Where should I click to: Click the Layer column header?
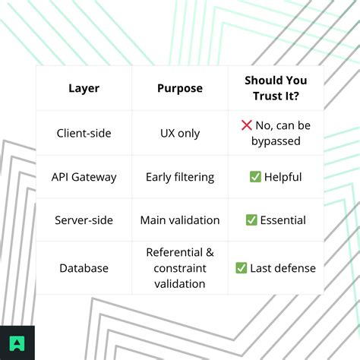click(x=84, y=89)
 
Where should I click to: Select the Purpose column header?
click(x=180, y=89)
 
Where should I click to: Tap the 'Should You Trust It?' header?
click(x=276, y=88)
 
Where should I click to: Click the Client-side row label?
click(x=84, y=133)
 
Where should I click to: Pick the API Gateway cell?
click(x=84, y=177)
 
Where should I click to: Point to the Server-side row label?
click(x=84, y=220)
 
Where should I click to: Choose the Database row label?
click(x=84, y=268)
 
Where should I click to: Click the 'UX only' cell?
click(x=180, y=134)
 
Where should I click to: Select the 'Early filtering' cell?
click(x=180, y=177)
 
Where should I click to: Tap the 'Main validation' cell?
click(x=180, y=220)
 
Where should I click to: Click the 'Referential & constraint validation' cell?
click(x=180, y=268)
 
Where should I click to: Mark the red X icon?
click(x=246, y=125)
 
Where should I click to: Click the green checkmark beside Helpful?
click(x=255, y=177)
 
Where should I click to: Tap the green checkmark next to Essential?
click(x=251, y=219)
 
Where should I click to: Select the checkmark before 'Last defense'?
click(x=241, y=268)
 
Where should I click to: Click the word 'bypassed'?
click(x=276, y=141)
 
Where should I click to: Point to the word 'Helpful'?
click(x=283, y=177)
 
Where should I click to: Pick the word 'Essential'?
click(x=283, y=220)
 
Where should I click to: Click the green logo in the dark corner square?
click(x=17, y=343)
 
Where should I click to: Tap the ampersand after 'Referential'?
click(x=210, y=252)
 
